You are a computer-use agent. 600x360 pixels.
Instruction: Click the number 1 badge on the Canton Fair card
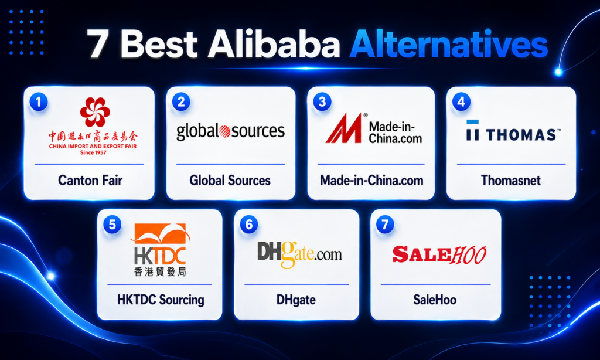click(39, 102)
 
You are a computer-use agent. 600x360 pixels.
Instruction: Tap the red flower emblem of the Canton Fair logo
click(95, 112)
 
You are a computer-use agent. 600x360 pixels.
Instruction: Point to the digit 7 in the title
click(97, 45)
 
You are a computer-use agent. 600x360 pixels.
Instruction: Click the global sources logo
click(230, 131)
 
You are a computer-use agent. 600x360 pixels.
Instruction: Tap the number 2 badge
click(181, 102)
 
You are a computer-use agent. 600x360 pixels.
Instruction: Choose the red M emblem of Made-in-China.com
click(343, 128)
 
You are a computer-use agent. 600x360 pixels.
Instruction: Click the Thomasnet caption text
click(511, 181)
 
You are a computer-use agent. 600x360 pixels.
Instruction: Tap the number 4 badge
click(461, 102)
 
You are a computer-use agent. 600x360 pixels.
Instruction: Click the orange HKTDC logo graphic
click(161, 233)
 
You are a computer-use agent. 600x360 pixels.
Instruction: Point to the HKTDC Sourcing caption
click(161, 300)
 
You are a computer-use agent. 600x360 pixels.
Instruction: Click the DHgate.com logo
click(299, 254)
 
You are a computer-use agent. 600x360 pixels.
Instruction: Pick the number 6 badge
click(248, 225)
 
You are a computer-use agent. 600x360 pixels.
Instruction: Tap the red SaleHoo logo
click(439, 255)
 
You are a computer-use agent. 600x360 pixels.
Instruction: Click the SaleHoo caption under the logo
click(435, 300)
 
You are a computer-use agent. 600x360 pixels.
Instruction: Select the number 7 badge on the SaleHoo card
click(385, 225)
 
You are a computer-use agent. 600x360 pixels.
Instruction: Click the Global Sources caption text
click(230, 181)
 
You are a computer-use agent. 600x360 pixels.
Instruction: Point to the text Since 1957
click(93, 152)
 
